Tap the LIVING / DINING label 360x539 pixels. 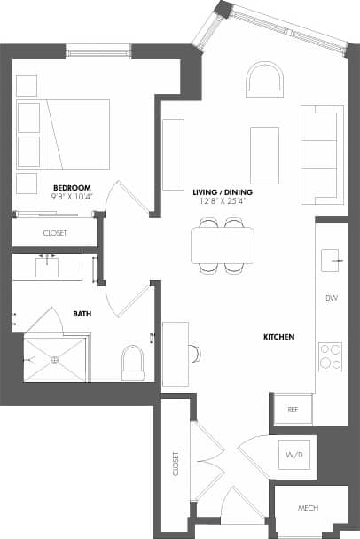pos(223,192)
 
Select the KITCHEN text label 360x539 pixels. pos(278,338)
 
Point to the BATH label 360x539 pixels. pos(81,313)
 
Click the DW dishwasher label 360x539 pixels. pos(332,298)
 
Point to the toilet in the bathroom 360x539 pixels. pos(133,362)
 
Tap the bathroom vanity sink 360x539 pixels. pos(47,266)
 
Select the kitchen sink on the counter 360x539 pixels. pos(333,259)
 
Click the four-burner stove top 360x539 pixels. pos(331,355)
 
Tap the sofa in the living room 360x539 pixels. pos(321,153)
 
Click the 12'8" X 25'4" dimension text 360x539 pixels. pos(223,202)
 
